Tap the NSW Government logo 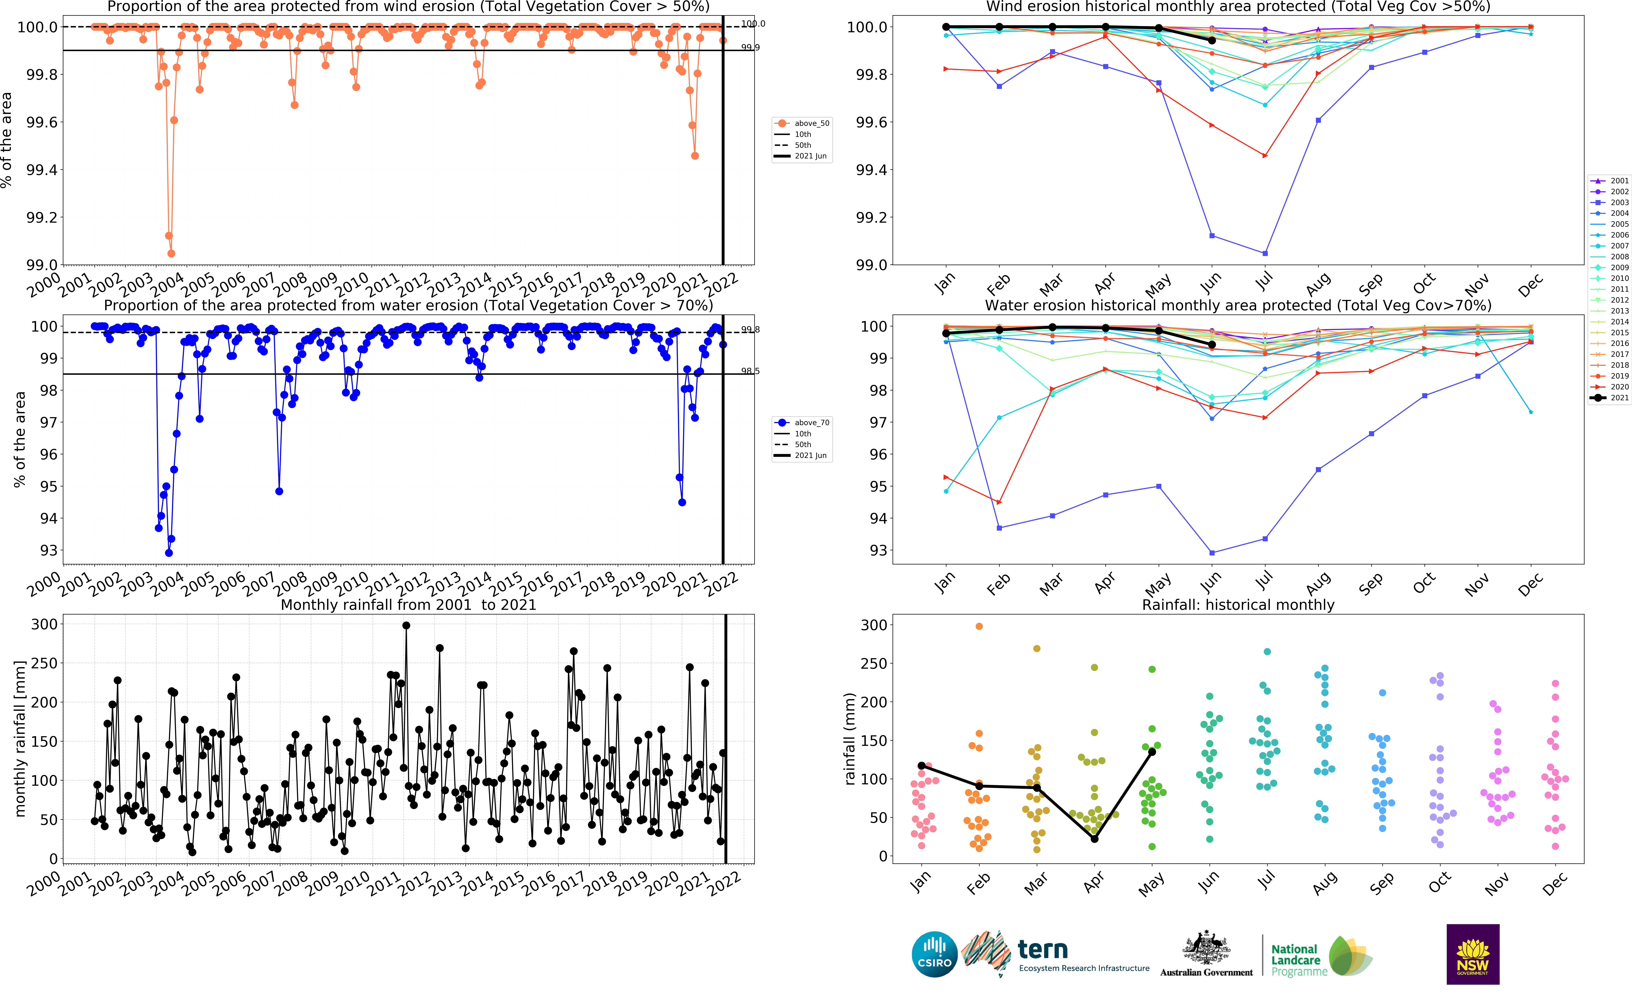click(x=1472, y=954)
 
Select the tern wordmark click(x=1043, y=950)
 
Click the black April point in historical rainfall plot click(x=1094, y=839)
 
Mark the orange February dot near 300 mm click(x=979, y=626)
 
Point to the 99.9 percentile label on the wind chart click(x=750, y=48)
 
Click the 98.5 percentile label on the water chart click(x=750, y=371)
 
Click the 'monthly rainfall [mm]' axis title click(x=20, y=738)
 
